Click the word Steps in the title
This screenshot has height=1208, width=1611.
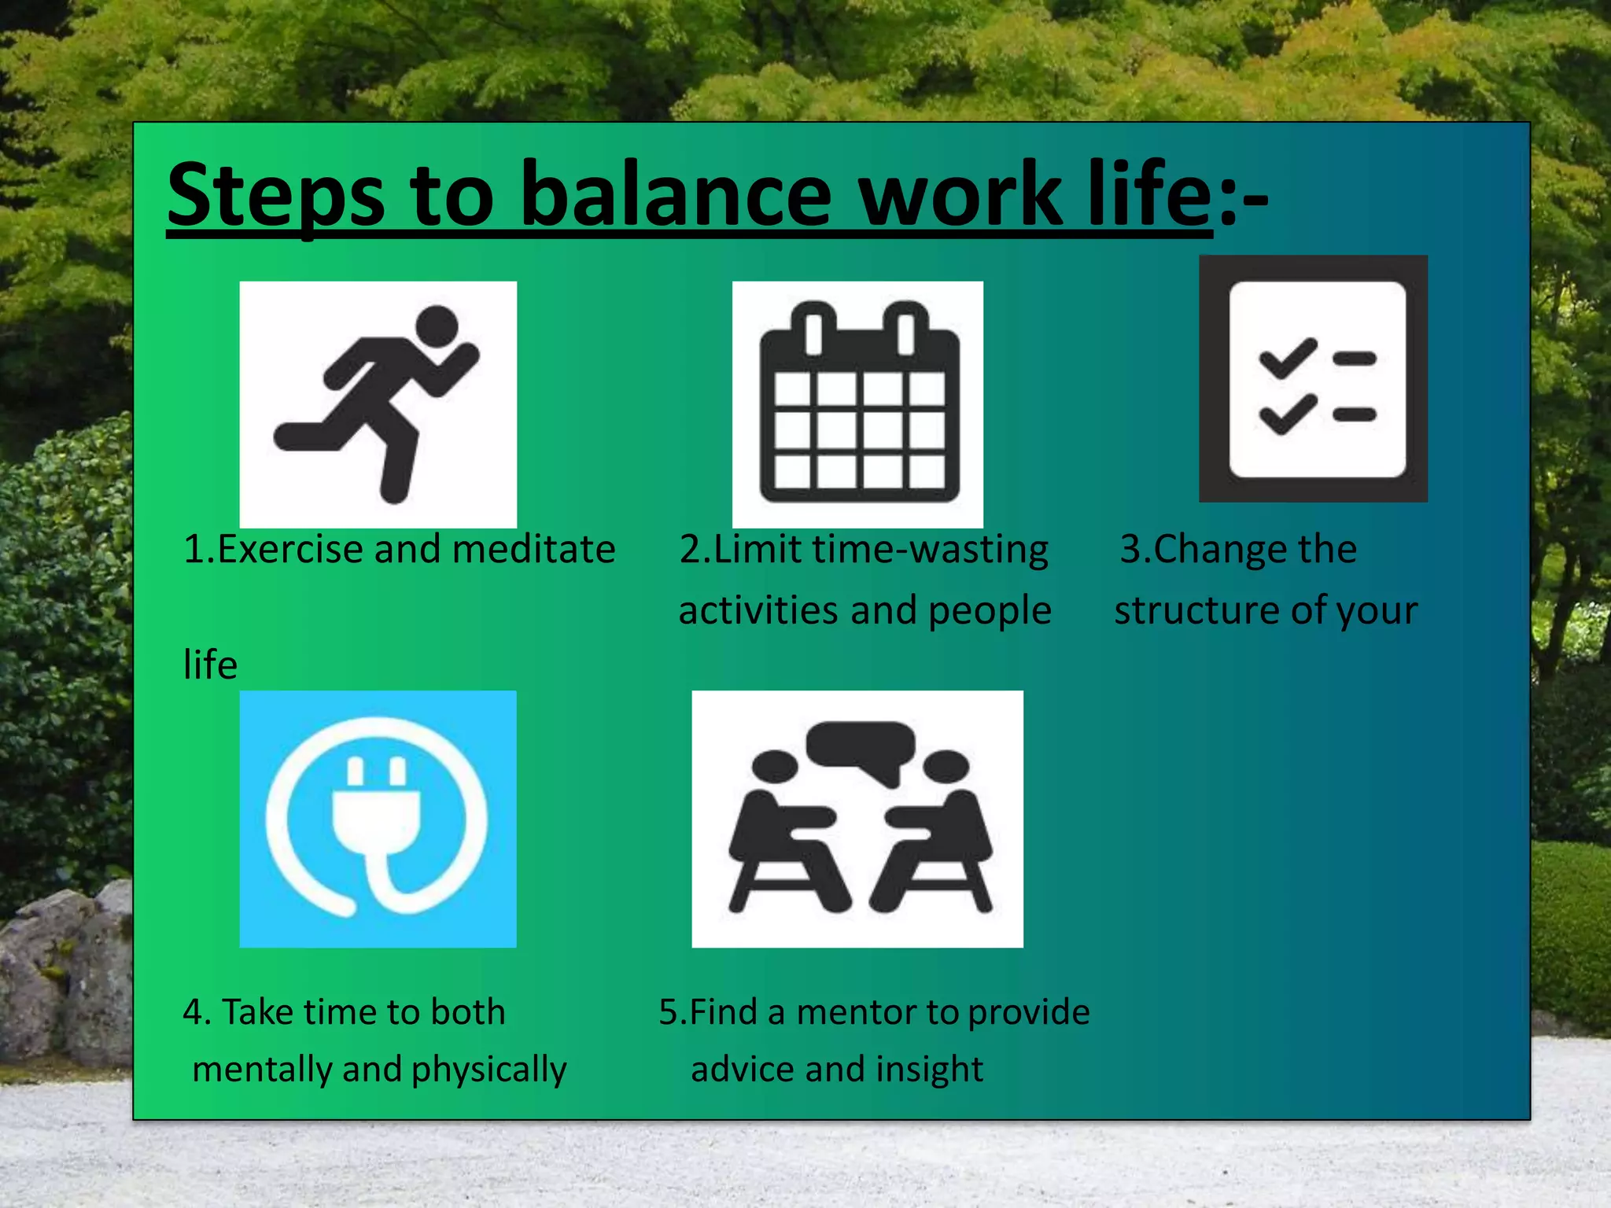coord(275,195)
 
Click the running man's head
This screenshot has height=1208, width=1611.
coord(437,326)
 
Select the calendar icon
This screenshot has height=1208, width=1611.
coord(858,405)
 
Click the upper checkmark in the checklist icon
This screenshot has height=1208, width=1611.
coord(1288,358)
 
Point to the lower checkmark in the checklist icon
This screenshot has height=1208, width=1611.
coord(1288,414)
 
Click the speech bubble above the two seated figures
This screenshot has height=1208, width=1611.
coord(861,746)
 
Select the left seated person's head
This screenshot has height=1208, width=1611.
coord(776,765)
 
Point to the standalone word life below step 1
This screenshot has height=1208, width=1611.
coord(210,665)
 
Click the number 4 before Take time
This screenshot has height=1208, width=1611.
coord(193,1013)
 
